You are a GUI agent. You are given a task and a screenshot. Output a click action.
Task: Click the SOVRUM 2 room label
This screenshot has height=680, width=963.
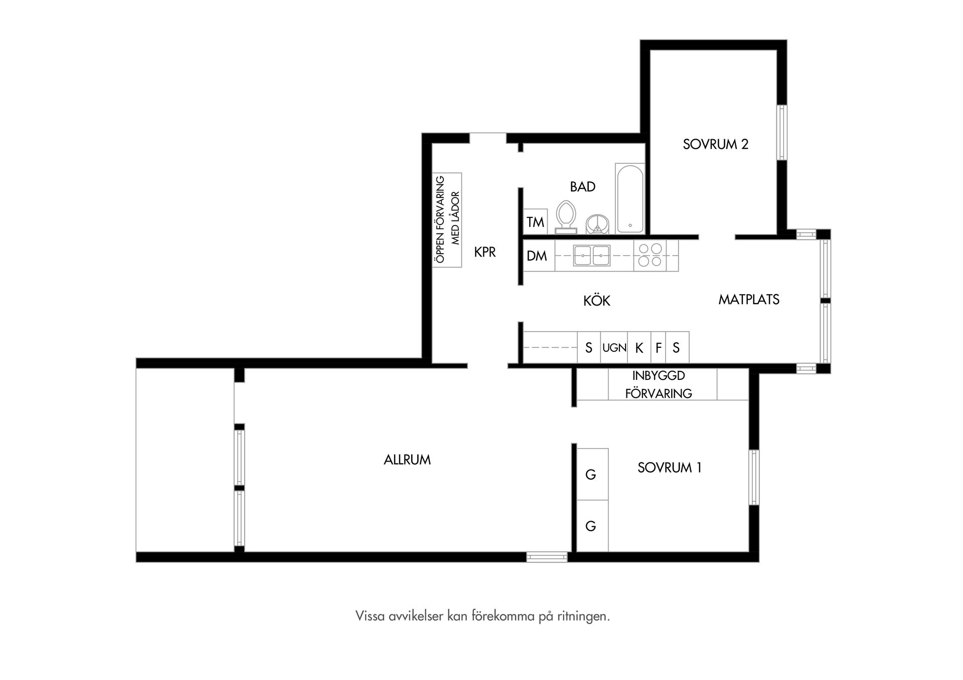point(715,144)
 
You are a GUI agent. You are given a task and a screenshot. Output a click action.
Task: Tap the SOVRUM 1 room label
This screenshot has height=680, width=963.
point(669,468)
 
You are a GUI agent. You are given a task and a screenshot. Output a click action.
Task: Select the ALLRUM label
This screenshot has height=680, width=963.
point(407,460)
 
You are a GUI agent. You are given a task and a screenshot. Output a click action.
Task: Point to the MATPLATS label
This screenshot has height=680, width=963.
point(749,299)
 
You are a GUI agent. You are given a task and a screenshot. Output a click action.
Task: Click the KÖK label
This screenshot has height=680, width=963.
point(597,300)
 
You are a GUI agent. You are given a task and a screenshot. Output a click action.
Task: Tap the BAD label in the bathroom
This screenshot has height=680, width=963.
point(583,187)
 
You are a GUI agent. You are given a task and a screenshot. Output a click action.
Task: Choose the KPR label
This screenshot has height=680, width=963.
point(485,252)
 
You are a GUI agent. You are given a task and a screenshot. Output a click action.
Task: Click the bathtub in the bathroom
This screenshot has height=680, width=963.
point(630,198)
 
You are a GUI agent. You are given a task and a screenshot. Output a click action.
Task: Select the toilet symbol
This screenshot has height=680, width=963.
point(566,217)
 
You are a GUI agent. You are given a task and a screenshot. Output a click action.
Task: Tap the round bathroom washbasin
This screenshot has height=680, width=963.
point(597,224)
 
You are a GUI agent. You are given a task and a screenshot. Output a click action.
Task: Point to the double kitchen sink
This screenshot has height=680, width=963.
point(592,256)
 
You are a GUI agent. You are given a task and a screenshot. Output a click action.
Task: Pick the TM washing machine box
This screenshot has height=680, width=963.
point(536,221)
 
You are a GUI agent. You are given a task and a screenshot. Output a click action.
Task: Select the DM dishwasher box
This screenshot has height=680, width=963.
point(539,256)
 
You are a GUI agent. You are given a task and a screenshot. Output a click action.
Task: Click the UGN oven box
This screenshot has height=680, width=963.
point(614,347)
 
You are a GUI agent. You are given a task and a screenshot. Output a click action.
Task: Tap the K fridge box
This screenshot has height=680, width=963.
point(639,347)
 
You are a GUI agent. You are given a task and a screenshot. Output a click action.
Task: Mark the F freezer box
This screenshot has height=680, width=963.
point(659,347)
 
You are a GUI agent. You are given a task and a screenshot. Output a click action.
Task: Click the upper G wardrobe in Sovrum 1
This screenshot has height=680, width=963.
point(592,474)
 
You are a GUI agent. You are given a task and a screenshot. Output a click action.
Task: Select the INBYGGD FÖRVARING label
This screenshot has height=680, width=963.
point(659,384)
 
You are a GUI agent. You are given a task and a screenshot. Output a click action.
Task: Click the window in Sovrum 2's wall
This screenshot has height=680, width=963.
point(781,132)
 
